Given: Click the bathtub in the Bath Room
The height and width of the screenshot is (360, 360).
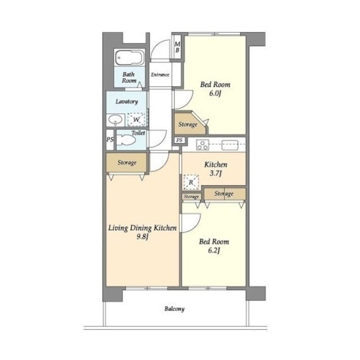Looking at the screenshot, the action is pos(130,57).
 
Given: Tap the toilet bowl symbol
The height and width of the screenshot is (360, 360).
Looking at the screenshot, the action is pos(126,140).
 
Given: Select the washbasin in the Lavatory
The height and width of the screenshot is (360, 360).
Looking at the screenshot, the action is pos(115,120).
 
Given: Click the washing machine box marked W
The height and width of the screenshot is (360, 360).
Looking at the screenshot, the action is pos(136,119).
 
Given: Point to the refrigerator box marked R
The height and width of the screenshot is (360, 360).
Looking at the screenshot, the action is pos(191,182).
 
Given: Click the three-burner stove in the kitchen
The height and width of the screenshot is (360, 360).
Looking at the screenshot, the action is pos(202,145).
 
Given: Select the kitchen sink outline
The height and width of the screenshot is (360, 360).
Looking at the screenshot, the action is pos(230,146).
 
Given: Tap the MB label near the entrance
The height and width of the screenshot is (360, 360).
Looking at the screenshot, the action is pos(177,47).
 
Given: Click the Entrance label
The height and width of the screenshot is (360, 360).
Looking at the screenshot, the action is pos(160,75).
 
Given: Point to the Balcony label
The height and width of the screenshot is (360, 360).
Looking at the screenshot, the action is pos(174,309).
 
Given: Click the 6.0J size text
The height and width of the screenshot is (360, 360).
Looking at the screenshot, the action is pos(215,93).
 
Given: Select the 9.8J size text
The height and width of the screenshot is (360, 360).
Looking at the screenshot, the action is pos(142,237).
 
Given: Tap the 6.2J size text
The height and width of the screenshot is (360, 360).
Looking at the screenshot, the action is pos(214,250).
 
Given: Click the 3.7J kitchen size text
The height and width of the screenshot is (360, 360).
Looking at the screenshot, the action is pos(215,173).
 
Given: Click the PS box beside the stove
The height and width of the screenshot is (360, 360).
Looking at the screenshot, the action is pos(179,140).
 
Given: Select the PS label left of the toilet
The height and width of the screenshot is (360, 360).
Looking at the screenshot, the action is pos(110,139).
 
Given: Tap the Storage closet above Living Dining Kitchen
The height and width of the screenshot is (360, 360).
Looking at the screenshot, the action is pos(126,163).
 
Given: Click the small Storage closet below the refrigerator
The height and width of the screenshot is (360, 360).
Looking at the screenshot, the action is pos(191,197).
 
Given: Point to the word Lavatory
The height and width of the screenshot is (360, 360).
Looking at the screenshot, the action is pos(127,101).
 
